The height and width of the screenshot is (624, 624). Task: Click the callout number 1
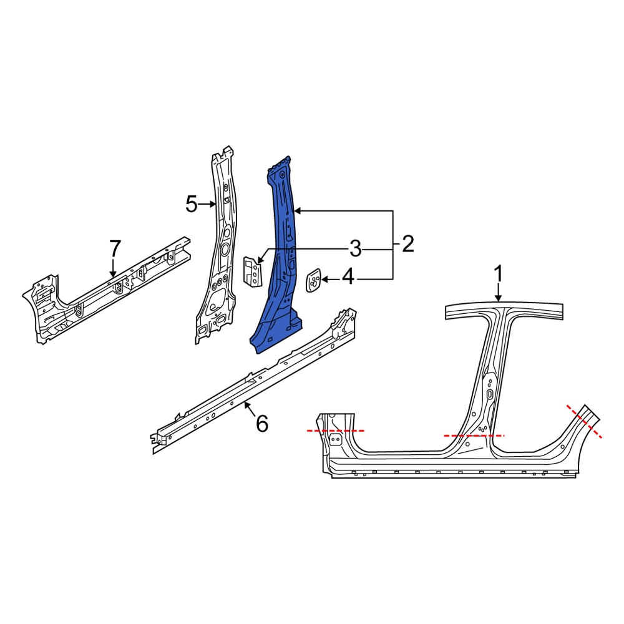pyautogui.click(x=499, y=274)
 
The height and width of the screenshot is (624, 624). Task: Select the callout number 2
pyautogui.click(x=407, y=244)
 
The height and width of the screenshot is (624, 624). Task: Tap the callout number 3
pyautogui.click(x=354, y=250)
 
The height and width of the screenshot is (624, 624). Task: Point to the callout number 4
pyautogui.click(x=348, y=276)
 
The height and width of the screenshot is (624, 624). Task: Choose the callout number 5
pyautogui.click(x=192, y=204)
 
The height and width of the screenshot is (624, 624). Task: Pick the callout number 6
pyautogui.click(x=262, y=424)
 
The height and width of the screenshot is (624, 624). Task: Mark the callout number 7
pyautogui.click(x=114, y=249)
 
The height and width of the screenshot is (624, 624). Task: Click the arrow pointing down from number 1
pyautogui.click(x=499, y=293)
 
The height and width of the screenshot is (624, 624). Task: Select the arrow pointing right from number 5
pyautogui.click(x=208, y=204)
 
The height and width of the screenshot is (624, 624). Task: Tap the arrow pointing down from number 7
pyautogui.click(x=113, y=268)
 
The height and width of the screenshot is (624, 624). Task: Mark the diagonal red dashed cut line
pyautogui.click(x=585, y=422)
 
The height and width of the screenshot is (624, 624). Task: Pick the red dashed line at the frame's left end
pyautogui.click(x=336, y=431)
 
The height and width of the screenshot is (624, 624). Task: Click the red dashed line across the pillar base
pyautogui.click(x=474, y=436)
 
